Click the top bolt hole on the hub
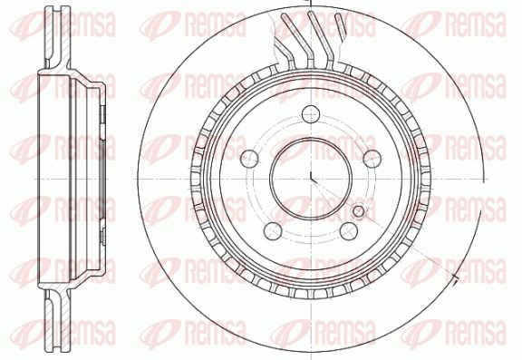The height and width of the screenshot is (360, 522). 311,114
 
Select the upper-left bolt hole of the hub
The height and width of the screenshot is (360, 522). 250,159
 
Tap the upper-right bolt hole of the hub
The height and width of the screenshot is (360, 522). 372,159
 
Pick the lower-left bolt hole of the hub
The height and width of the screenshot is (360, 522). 273,230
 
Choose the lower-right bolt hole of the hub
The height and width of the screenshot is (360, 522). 349,230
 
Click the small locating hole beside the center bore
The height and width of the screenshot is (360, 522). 359,210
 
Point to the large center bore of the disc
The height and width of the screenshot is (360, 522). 311,179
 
